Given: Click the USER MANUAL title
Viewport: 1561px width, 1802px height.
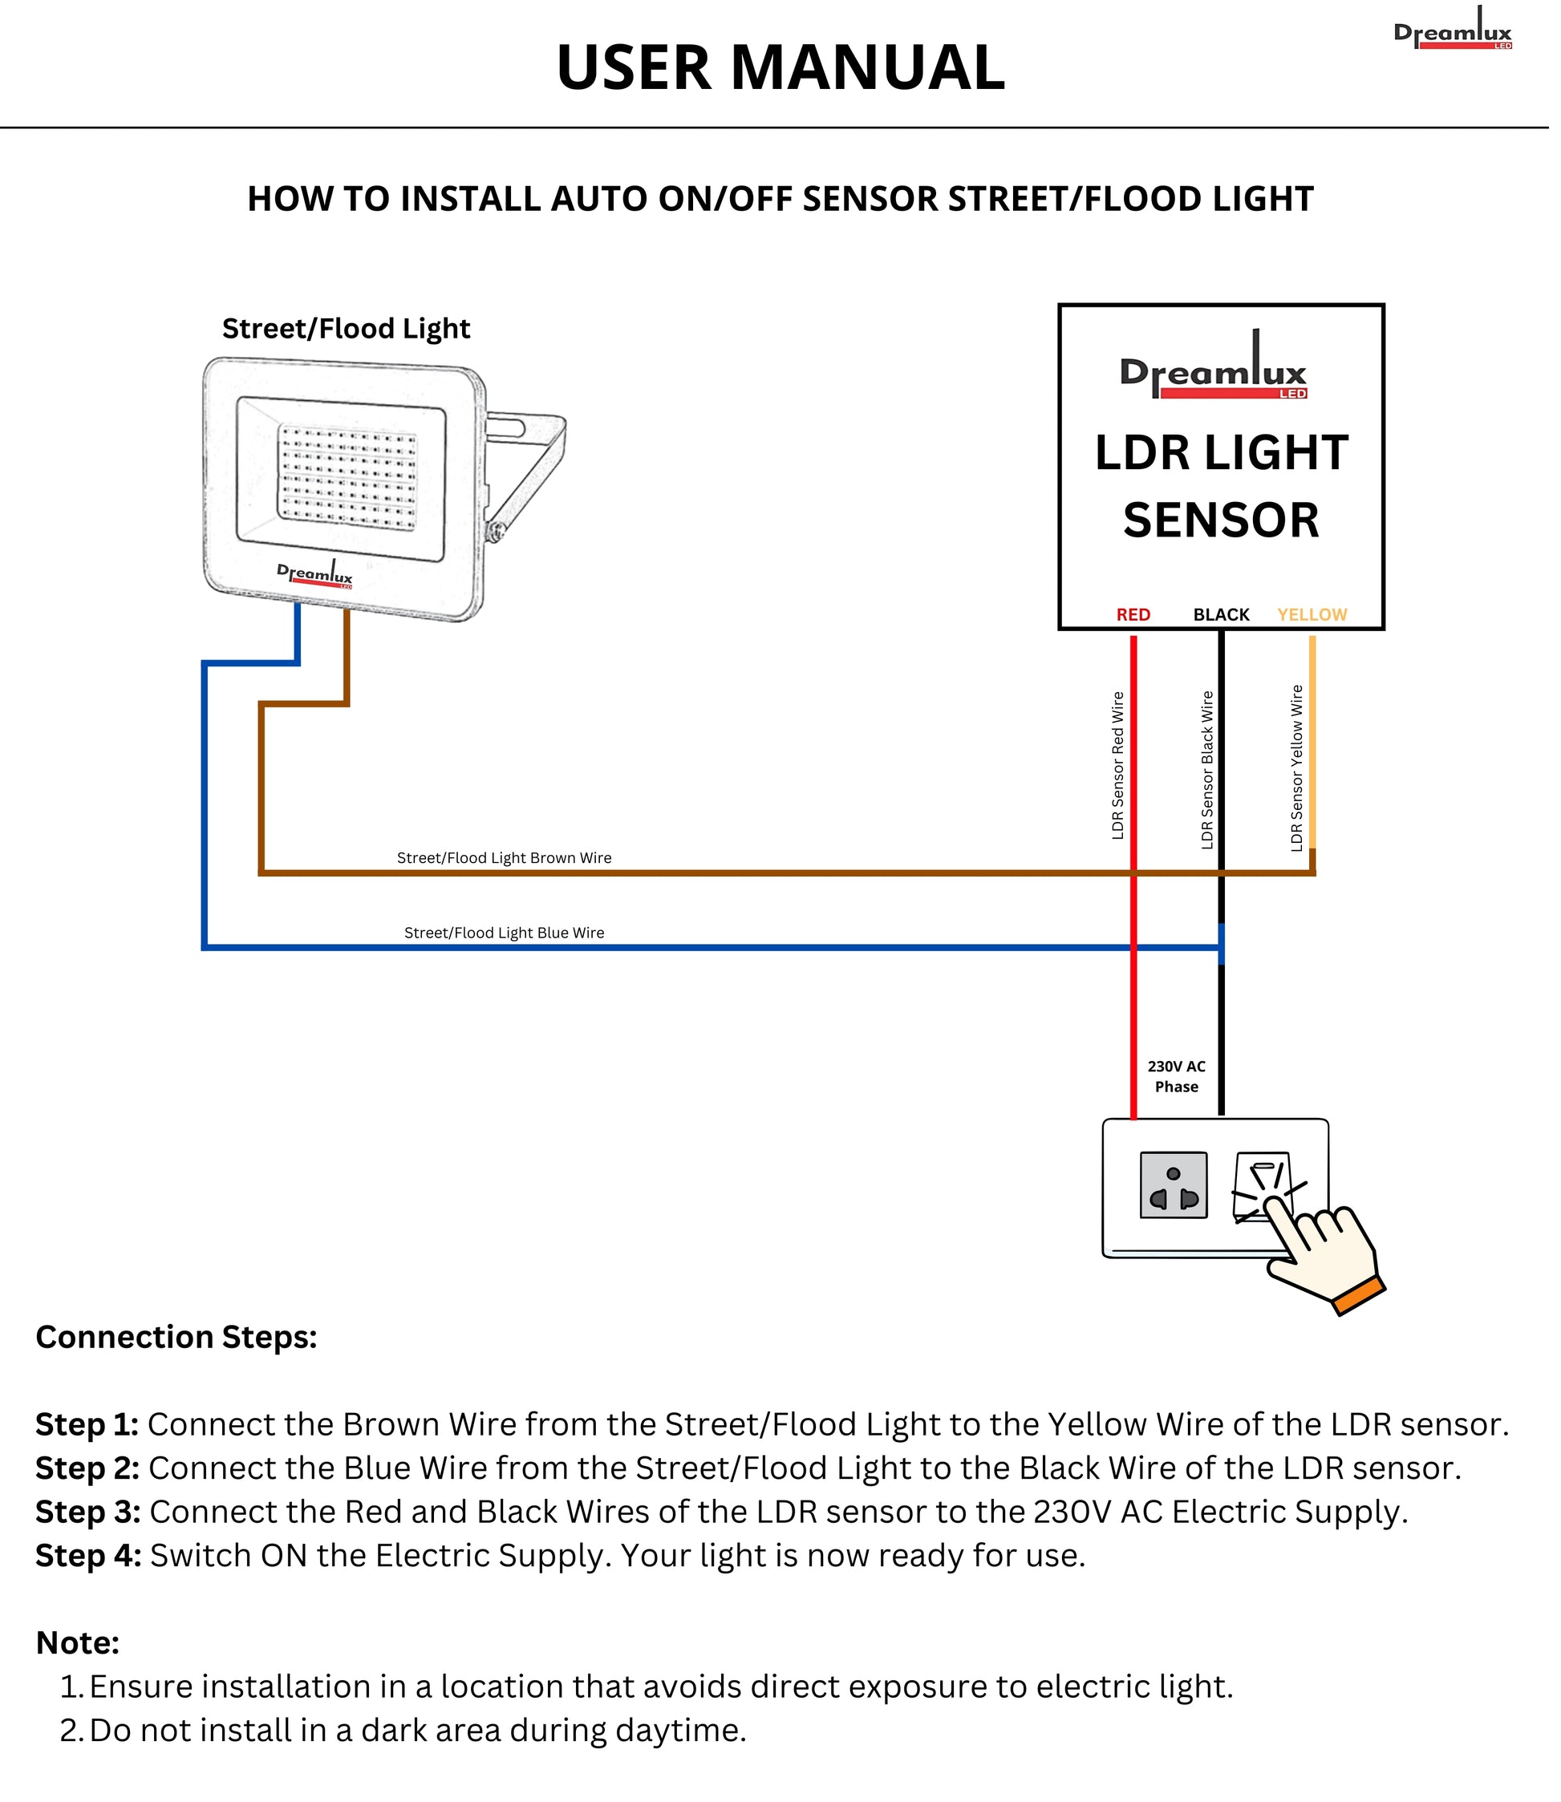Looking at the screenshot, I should pos(780,68).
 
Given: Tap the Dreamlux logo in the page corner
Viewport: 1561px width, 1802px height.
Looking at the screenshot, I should pos(1452,31).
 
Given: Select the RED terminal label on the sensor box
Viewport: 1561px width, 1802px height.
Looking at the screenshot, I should pos(1133,615).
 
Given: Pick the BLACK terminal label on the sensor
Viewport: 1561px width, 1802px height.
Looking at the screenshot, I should pos(1220,615).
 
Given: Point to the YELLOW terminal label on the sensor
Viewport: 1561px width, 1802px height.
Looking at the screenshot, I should pos(1311,615).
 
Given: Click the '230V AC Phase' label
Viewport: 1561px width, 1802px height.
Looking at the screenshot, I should pos(1176,1076).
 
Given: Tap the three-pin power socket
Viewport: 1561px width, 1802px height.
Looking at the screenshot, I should pos(1174,1184).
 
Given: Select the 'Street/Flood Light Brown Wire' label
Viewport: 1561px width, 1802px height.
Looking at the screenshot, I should pos(504,858).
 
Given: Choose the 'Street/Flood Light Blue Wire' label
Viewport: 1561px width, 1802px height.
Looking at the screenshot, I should pos(504,933).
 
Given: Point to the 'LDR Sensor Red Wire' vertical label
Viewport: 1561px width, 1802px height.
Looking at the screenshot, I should pos(1117,766).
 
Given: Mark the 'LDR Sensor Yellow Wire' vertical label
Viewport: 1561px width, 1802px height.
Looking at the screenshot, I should pos(1296,767).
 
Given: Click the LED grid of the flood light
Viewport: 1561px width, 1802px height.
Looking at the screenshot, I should pos(347,474).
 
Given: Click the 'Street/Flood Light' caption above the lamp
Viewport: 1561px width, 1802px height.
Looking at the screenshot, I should pos(346,330).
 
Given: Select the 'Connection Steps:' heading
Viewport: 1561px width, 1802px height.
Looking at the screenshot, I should pos(176,1337).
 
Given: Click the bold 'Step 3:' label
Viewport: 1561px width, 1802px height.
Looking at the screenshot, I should pos(87,1512).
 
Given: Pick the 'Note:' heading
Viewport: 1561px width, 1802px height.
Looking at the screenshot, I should pos(78,1642).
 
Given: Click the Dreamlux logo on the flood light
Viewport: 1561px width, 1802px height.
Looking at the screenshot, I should pos(314,575).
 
